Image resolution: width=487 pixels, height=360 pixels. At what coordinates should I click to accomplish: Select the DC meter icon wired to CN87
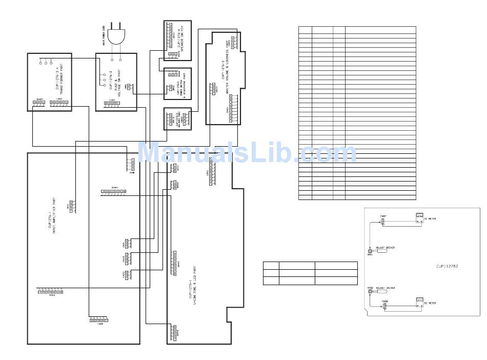tap(419, 216)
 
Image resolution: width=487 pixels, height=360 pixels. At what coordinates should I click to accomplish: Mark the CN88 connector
tap(384, 306)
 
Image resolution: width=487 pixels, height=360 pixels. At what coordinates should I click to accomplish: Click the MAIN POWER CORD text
tap(104, 38)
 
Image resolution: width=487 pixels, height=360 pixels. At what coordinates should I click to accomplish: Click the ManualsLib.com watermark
tap(247, 153)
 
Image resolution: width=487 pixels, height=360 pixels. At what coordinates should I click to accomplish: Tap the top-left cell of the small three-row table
tap(271, 266)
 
